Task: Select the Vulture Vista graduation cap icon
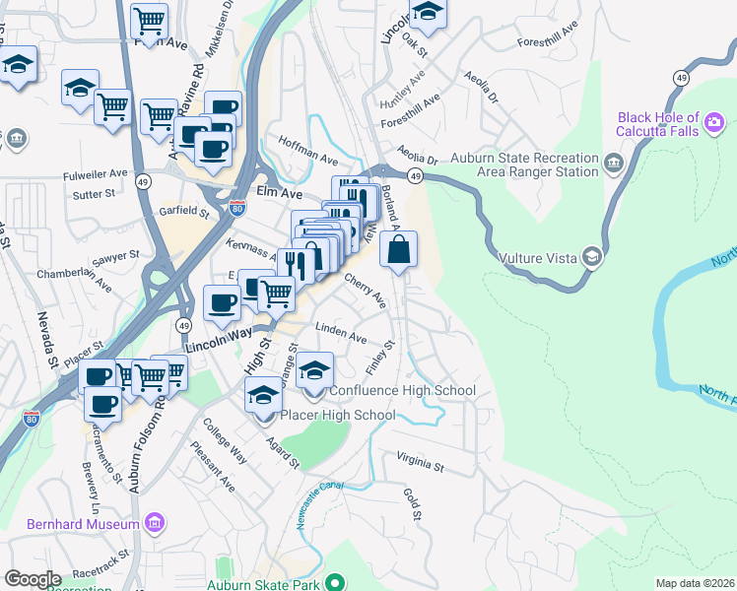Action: pyautogui.click(x=591, y=257)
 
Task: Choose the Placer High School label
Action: pyautogui.click(x=337, y=415)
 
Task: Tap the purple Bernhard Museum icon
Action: pyautogui.click(x=155, y=521)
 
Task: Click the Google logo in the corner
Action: pyautogui.click(x=33, y=579)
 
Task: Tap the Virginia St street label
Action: pyautogui.click(x=421, y=460)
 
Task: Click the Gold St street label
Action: pyautogui.click(x=413, y=502)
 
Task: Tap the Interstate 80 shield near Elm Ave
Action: pyautogui.click(x=235, y=207)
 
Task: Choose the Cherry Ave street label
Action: pyautogui.click(x=363, y=290)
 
